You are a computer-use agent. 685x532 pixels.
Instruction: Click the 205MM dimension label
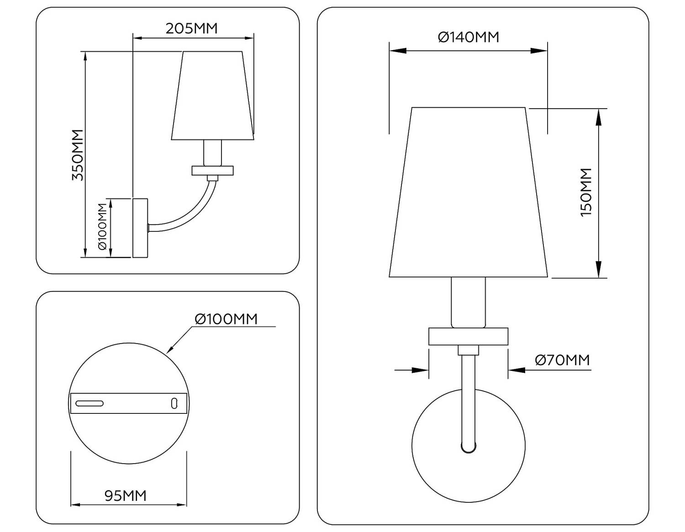(191, 28)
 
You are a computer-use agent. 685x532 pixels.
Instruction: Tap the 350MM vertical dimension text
(78, 155)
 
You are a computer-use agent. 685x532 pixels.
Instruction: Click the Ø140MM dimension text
(468, 37)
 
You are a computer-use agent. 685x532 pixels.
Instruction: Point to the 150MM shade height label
(586, 192)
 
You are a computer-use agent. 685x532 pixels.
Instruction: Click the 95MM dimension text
(126, 495)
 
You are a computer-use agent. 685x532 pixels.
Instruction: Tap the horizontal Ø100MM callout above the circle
(226, 318)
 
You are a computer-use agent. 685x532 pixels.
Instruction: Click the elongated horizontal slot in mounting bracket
(90, 403)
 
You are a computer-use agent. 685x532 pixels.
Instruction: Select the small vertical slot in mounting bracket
(174, 403)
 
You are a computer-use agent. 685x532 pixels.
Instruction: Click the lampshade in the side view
(213, 96)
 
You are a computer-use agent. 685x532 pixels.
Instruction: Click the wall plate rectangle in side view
(140, 227)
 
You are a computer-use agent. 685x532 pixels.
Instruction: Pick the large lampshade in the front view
(468, 192)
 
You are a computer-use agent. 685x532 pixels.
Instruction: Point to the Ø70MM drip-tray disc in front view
(468, 336)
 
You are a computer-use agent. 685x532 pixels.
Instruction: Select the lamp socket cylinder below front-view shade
(468, 302)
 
